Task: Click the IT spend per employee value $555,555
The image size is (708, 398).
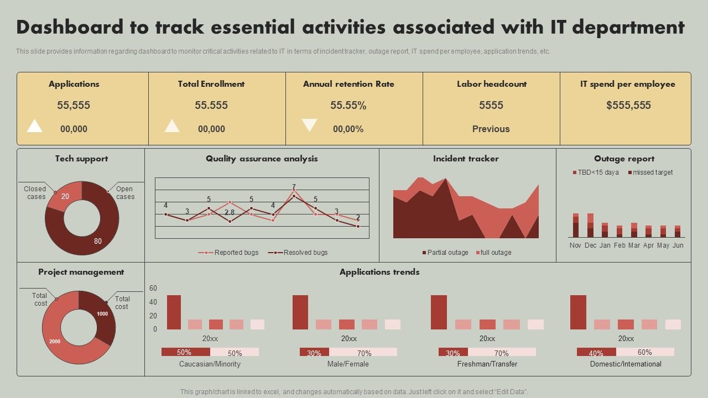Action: [x=628, y=105]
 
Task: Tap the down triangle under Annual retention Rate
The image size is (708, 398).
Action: [x=309, y=125]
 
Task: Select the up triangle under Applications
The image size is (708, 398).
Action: [x=35, y=126]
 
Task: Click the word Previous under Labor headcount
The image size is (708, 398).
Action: [x=491, y=129]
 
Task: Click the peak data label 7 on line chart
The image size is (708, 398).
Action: [x=294, y=187]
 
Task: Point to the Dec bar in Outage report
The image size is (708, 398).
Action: [x=590, y=226]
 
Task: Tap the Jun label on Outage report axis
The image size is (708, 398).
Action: [x=678, y=245]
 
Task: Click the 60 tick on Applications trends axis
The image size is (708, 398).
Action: [x=153, y=289]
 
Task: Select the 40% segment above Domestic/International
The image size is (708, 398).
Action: [x=596, y=352]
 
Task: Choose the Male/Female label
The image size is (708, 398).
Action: [x=348, y=364]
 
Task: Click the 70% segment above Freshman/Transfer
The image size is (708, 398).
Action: [x=501, y=352]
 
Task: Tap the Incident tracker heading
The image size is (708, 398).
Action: [x=466, y=159]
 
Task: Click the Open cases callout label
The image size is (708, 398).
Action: [x=125, y=193]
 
